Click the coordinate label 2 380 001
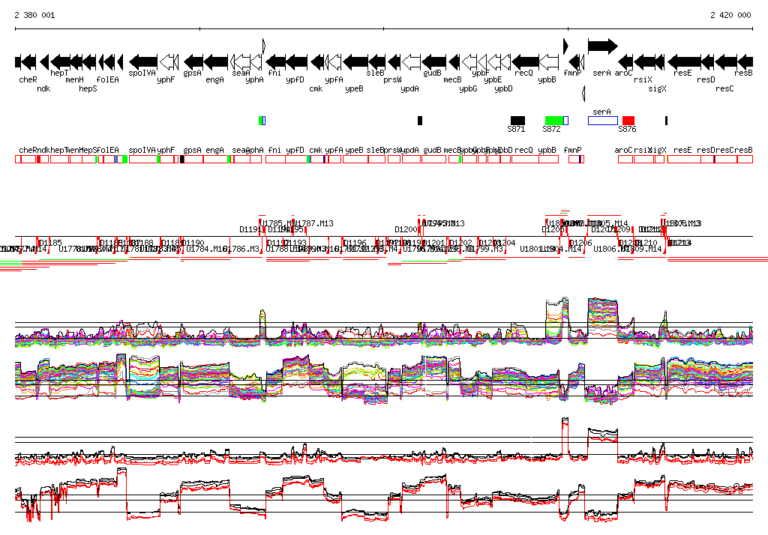(x=35, y=15)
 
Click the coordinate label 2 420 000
(x=730, y=15)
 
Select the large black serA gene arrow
(x=602, y=46)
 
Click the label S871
(x=516, y=129)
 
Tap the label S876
(x=627, y=129)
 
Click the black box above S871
(x=517, y=121)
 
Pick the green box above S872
(x=554, y=121)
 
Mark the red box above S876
(x=628, y=121)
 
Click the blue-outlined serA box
(x=602, y=121)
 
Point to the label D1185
(x=51, y=243)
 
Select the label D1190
(x=193, y=243)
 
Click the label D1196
(x=355, y=243)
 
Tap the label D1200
(x=406, y=229)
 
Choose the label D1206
(x=580, y=243)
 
